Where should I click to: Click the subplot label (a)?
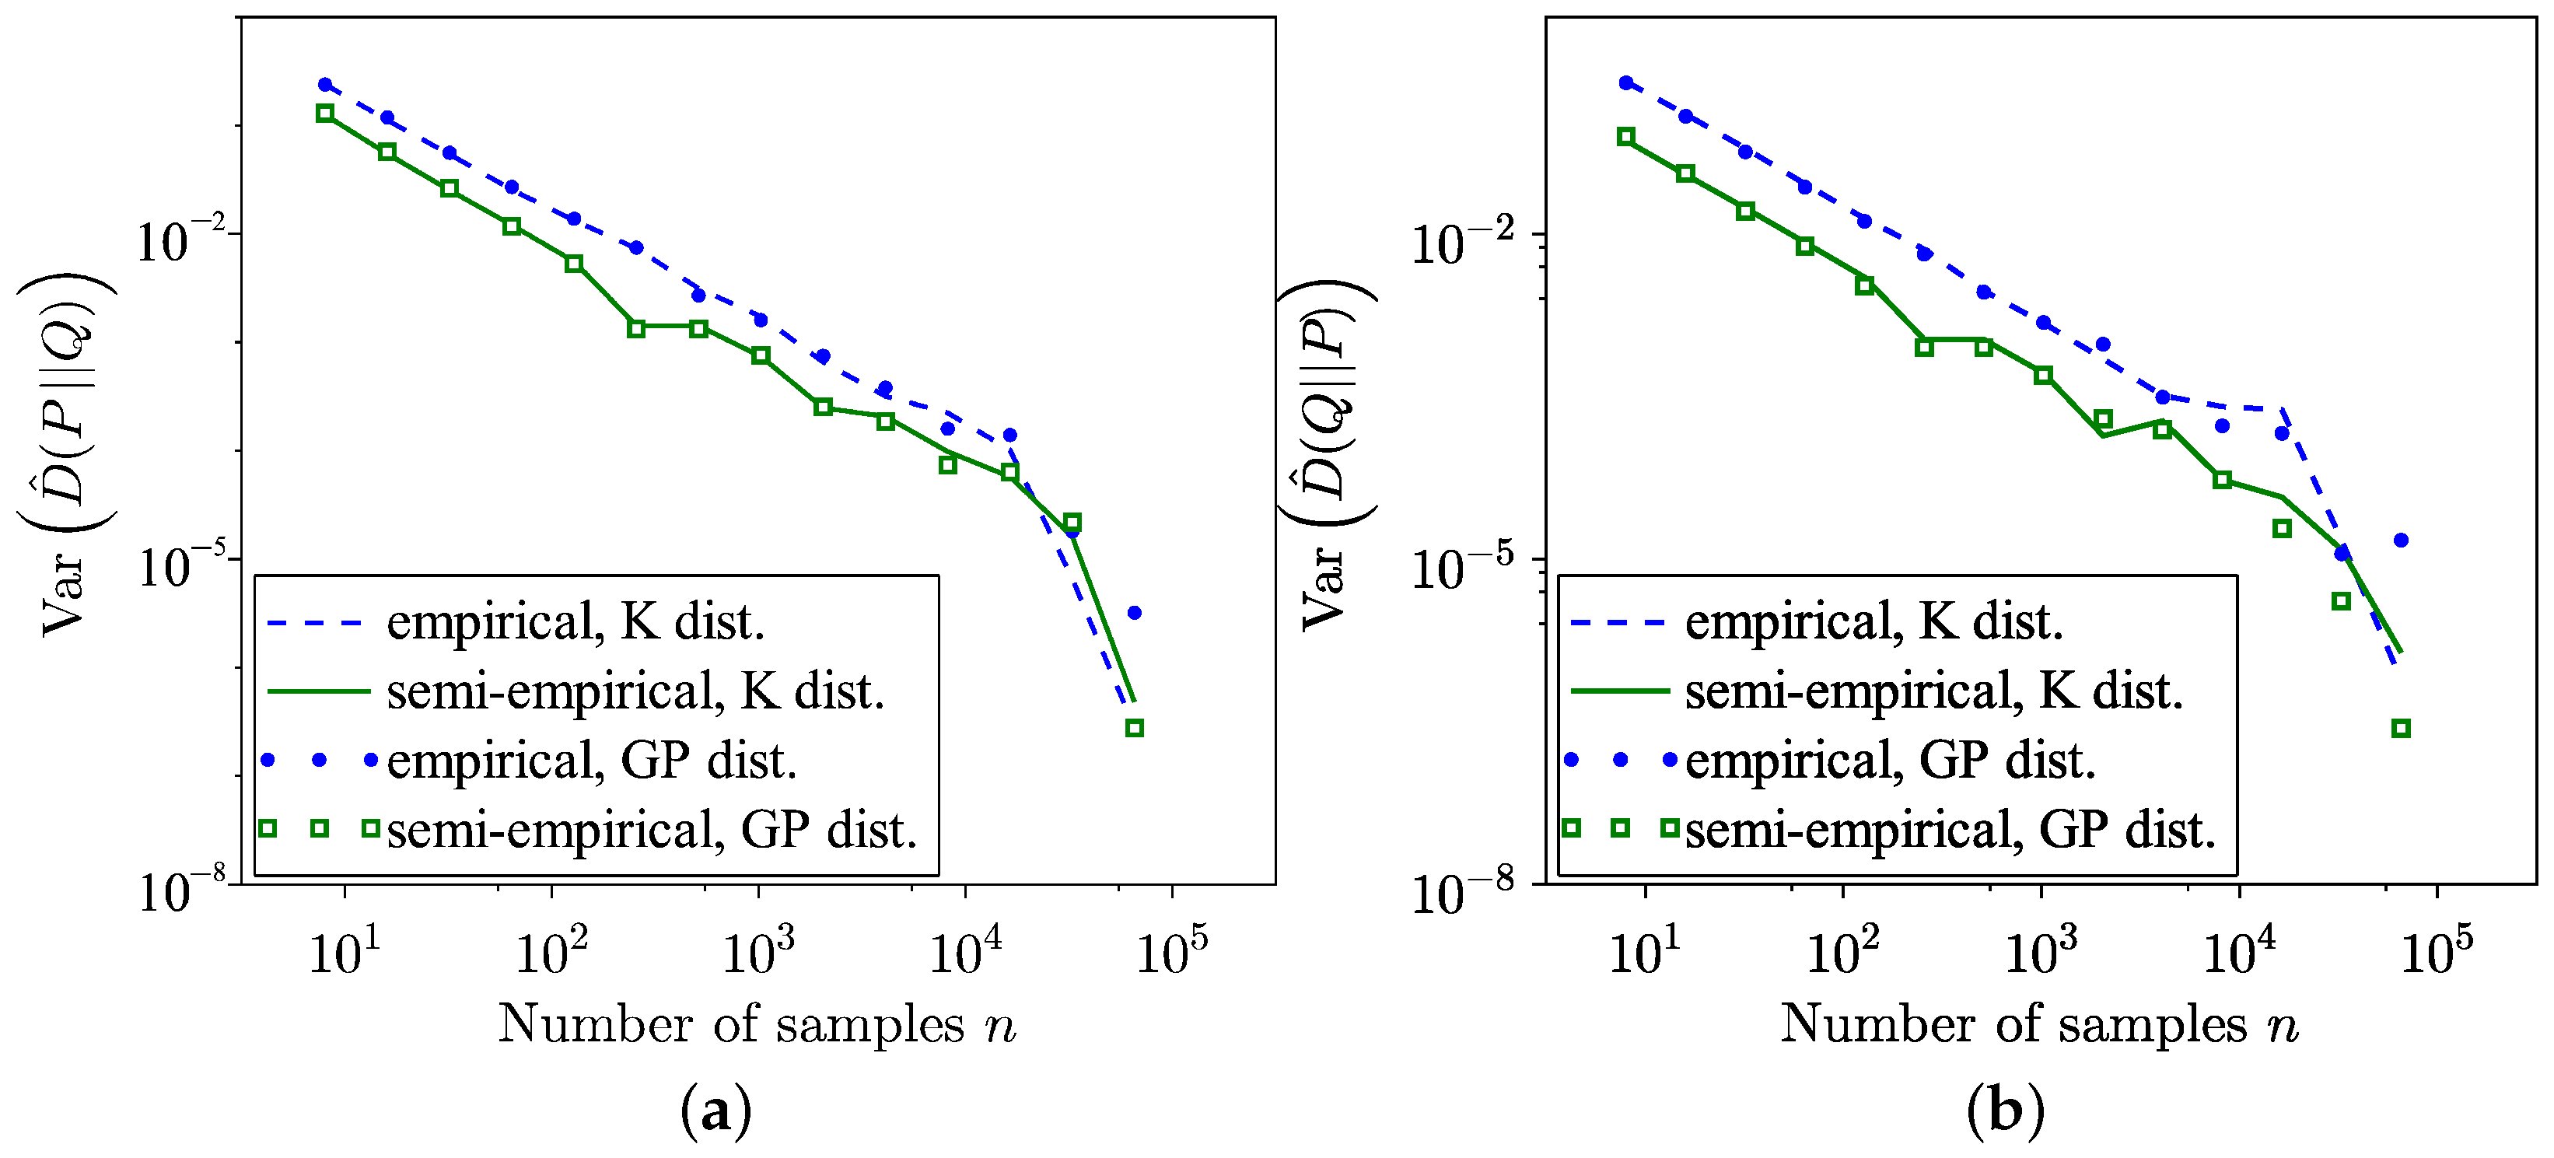pos(715,1111)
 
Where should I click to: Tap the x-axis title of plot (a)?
pos(757,1023)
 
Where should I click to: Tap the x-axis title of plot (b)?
pos(2038,1023)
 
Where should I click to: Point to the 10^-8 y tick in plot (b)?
pos(1461,891)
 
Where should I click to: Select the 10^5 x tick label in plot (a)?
pos(1172,953)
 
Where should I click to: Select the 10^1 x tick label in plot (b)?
pos(1645,953)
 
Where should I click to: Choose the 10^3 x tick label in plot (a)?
pos(758,953)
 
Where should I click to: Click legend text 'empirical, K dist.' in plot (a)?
pos(575,623)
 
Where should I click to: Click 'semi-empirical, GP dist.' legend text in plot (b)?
pos(1949,830)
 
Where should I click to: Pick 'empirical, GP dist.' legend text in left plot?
pos(591,761)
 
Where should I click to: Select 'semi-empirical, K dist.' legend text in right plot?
pos(1933,691)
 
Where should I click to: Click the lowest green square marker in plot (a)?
pos(1134,728)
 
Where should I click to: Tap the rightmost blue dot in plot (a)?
pos(1134,613)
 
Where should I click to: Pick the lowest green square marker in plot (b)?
pos(2400,729)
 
